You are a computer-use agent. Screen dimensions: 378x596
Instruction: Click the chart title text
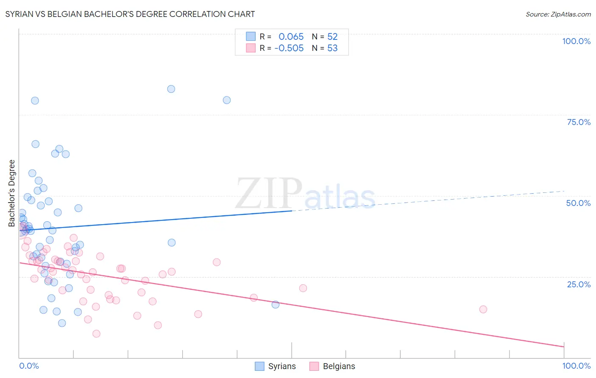(x=130, y=14)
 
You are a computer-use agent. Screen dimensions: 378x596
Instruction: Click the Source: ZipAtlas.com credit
(x=558, y=14)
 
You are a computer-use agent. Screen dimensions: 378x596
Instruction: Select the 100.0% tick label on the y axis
(x=576, y=41)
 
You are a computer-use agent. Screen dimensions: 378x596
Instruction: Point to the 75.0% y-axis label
(x=579, y=122)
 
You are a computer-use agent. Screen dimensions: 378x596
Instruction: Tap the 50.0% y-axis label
(x=578, y=203)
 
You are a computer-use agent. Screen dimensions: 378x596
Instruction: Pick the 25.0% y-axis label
(x=579, y=284)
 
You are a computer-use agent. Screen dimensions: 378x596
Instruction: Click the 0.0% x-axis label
(x=29, y=366)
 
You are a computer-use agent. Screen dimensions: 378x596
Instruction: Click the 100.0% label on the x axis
(x=576, y=366)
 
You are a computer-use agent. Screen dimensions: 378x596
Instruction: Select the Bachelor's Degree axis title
(x=12, y=193)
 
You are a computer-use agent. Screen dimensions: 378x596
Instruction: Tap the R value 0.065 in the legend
(x=291, y=37)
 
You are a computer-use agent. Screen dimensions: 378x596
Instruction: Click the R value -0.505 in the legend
(x=289, y=48)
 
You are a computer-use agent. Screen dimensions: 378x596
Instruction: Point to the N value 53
(x=332, y=48)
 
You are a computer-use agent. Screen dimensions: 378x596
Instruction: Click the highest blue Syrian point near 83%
(x=171, y=89)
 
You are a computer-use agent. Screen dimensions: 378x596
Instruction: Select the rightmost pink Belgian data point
(x=483, y=309)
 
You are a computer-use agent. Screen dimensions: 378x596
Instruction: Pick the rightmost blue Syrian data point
(x=276, y=304)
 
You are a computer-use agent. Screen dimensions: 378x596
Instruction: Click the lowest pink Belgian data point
(x=96, y=334)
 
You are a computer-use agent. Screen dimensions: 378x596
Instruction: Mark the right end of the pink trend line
(x=564, y=347)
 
